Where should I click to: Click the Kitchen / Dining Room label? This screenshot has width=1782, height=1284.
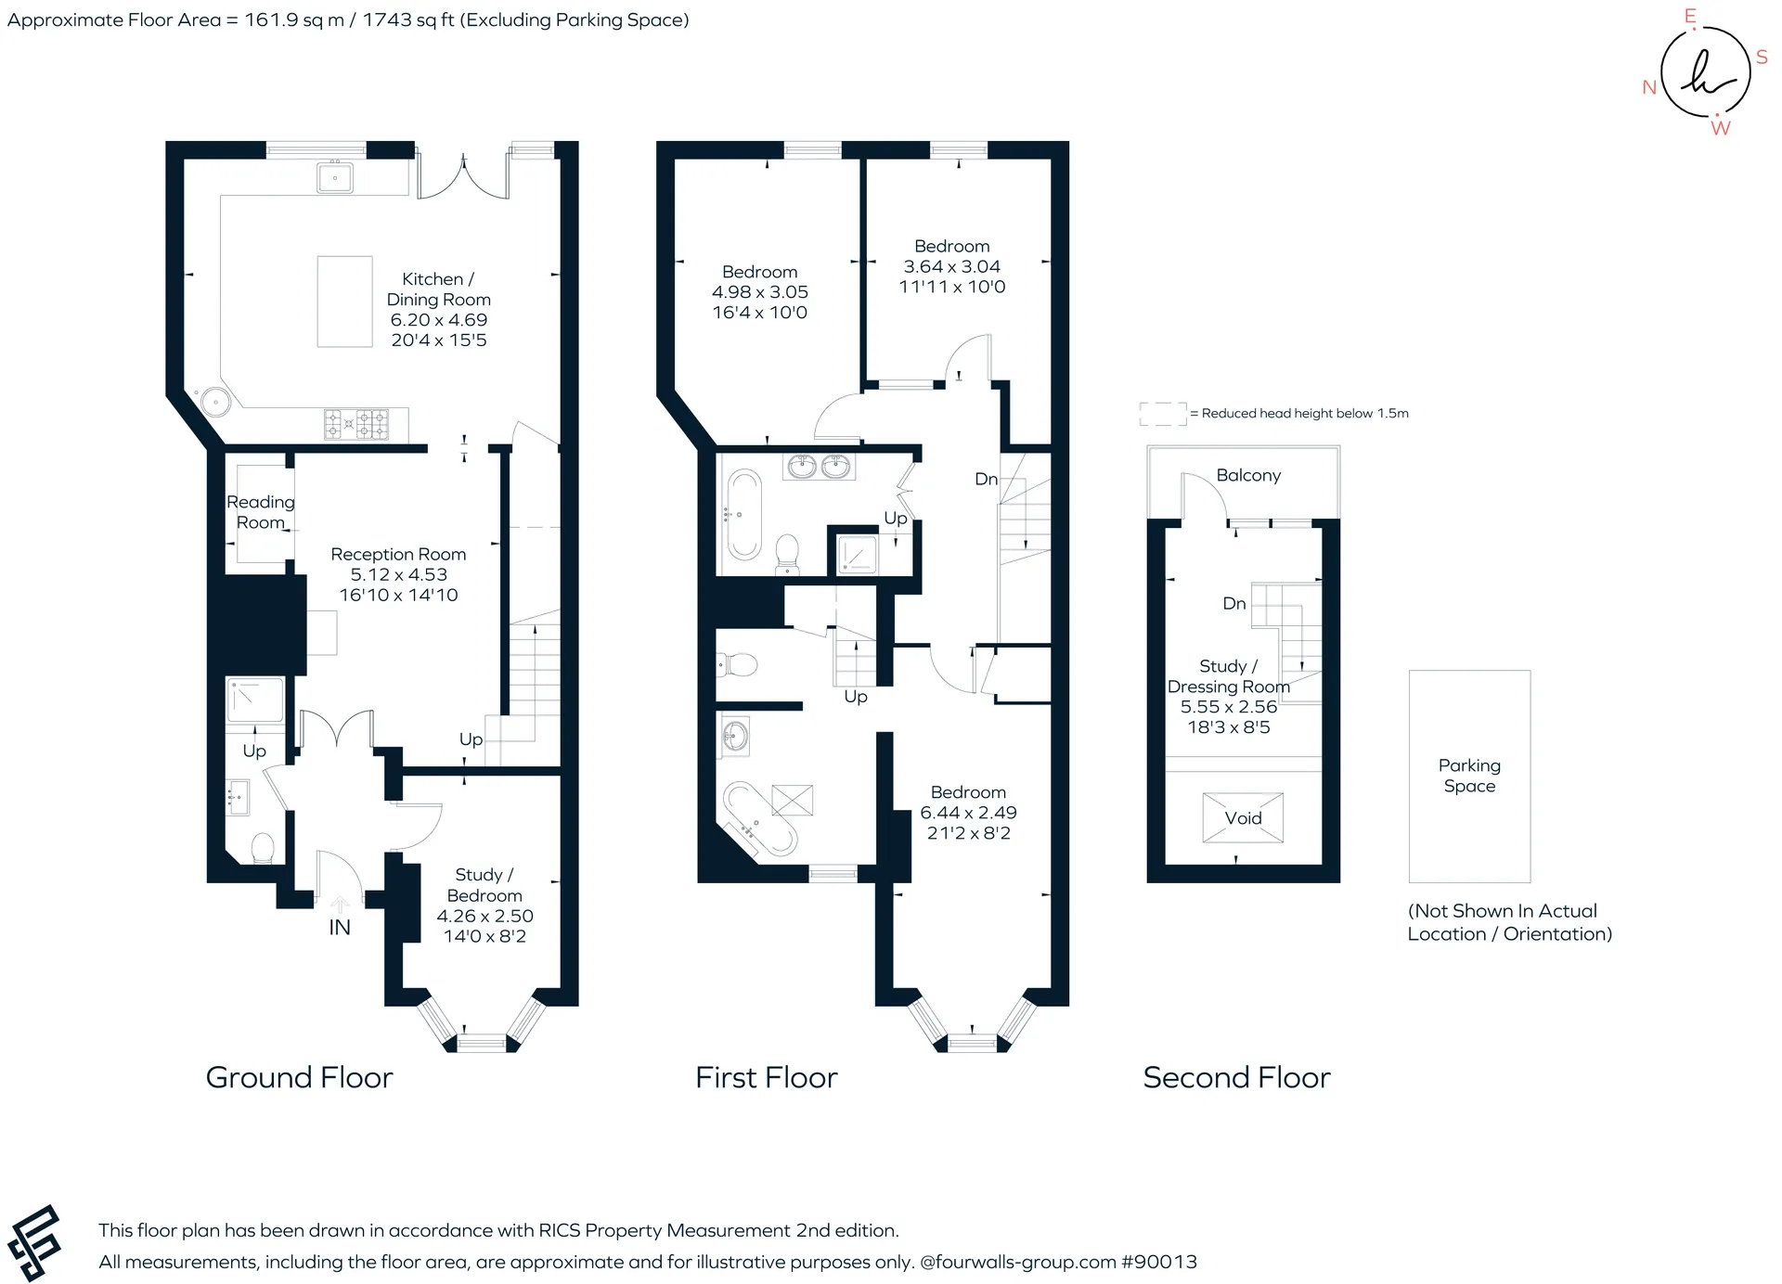(439, 289)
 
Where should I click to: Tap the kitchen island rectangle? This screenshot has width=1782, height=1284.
(345, 302)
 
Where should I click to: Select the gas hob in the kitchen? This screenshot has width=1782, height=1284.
(356, 424)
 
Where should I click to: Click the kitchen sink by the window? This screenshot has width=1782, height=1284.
(335, 176)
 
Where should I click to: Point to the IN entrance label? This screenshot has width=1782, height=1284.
(340, 927)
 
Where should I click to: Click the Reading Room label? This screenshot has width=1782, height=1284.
(261, 512)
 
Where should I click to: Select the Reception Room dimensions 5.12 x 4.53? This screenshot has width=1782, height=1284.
(399, 574)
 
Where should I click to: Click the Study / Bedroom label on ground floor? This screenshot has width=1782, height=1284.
(484, 885)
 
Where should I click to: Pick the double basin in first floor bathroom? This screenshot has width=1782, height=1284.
(819, 466)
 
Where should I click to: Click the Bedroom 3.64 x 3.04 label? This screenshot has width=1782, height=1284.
(952, 266)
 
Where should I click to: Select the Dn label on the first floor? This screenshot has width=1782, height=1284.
(986, 479)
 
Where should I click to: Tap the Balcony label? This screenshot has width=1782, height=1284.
(1248, 475)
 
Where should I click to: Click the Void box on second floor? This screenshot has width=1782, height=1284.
(1243, 817)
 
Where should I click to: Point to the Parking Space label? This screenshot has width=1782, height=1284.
(1469, 776)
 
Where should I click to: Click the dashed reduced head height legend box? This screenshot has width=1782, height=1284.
(1163, 414)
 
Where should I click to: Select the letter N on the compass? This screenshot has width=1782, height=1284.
(1649, 87)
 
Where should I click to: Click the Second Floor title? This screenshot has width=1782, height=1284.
(1236, 1077)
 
